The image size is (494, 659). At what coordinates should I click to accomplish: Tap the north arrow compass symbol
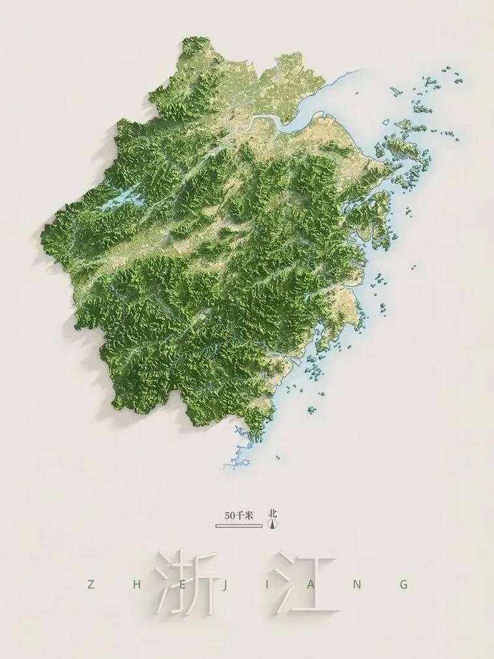(273, 523)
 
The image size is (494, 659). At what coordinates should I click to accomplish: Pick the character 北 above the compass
(273, 513)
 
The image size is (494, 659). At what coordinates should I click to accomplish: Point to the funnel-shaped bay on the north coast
(306, 111)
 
